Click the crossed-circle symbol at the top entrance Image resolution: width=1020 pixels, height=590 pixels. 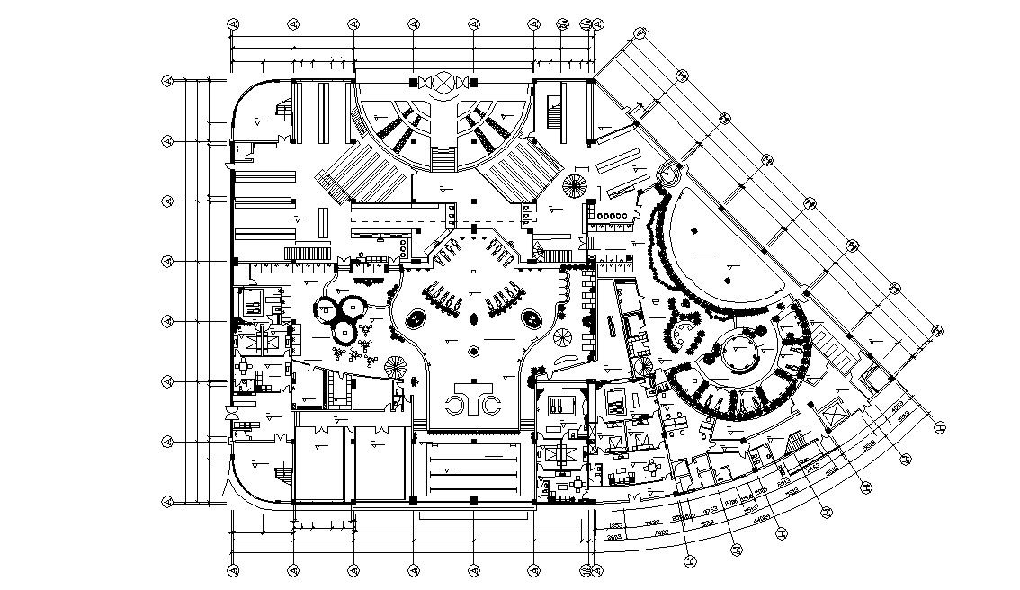click(444, 83)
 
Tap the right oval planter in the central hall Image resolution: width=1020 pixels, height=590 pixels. click(532, 318)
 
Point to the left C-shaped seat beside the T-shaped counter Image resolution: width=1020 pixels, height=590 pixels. click(460, 404)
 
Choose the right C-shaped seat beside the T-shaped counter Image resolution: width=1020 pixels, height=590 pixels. click(491, 404)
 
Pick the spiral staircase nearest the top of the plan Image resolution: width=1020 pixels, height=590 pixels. click(574, 187)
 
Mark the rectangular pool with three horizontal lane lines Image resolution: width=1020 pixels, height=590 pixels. click(474, 469)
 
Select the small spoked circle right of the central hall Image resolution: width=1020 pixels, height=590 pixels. click(563, 337)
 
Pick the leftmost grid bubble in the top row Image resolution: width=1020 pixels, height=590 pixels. click(233, 24)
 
